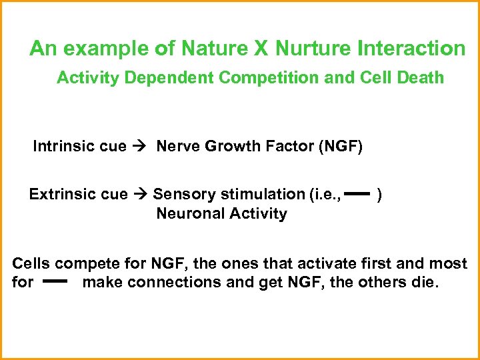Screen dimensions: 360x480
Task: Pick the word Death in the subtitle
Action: (x=421, y=78)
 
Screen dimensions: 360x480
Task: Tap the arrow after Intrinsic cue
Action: (x=141, y=147)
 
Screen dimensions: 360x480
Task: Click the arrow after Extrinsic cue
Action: (x=139, y=195)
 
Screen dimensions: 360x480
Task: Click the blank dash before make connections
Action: (x=57, y=282)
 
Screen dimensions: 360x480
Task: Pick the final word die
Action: (x=425, y=282)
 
